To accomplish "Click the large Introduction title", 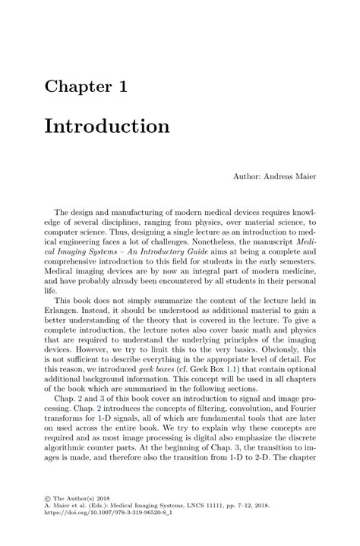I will point(106,125).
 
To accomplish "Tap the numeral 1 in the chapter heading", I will point(122,87).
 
